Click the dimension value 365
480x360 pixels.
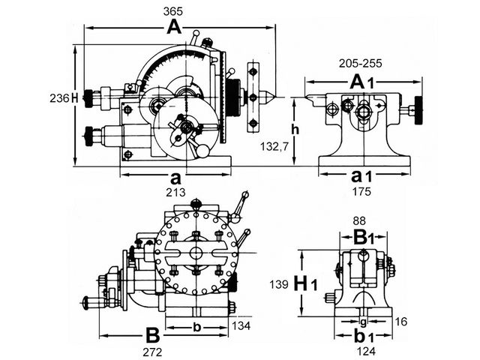pyautogui.click(x=173, y=11)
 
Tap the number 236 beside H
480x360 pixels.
pyautogui.click(x=59, y=98)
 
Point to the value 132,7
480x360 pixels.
pyautogui.click(x=274, y=147)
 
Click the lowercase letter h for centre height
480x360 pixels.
pyautogui.click(x=295, y=130)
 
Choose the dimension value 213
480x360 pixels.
pyautogui.click(x=175, y=192)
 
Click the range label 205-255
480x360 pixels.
pyautogui.click(x=360, y=63)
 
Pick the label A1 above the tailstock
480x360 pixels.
pyautogui.click(x=361, y=82)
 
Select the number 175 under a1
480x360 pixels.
pyautogui.click(x=361, y=191)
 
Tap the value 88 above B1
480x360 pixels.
pyautogui.click(x=359, y=220)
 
